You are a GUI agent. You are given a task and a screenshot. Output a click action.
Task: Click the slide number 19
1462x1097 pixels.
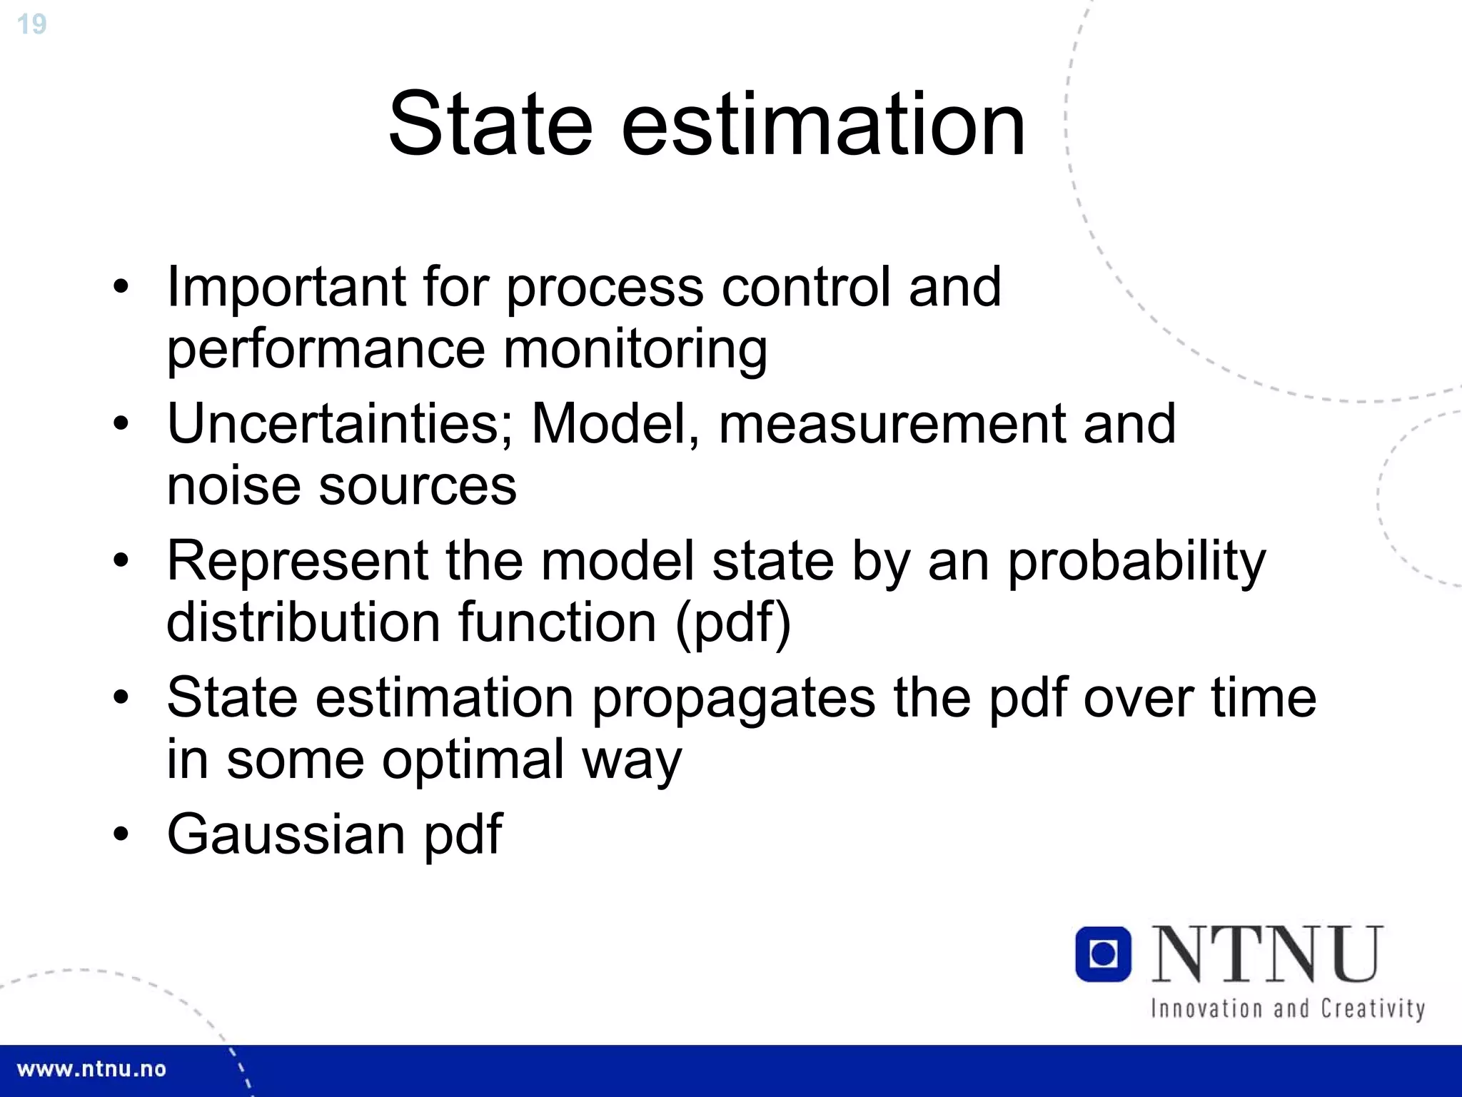(31, 24)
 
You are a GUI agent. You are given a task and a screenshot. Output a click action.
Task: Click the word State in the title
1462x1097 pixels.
(490, 124)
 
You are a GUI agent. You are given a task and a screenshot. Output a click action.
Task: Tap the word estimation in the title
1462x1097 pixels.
(823, 124)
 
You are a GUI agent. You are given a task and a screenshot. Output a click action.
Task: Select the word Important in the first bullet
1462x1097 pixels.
(286, 287)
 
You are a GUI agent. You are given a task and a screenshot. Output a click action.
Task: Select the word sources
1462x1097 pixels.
(417, 486)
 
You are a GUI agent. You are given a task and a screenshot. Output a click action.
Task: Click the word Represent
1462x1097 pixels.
(297, 561)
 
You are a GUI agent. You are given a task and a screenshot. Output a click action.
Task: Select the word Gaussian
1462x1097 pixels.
(286, 834)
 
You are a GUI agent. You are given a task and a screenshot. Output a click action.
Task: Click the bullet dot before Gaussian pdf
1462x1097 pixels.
(121, 834)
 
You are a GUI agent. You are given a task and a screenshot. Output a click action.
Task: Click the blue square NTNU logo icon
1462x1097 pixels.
(1103, 954)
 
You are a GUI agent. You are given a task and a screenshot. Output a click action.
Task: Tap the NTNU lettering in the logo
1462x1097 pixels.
(1267, 954)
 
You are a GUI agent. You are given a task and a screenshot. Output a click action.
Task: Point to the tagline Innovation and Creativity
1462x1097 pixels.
(1287, 1009)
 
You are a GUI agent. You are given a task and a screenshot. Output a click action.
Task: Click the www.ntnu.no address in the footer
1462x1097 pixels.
(91, 1069)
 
